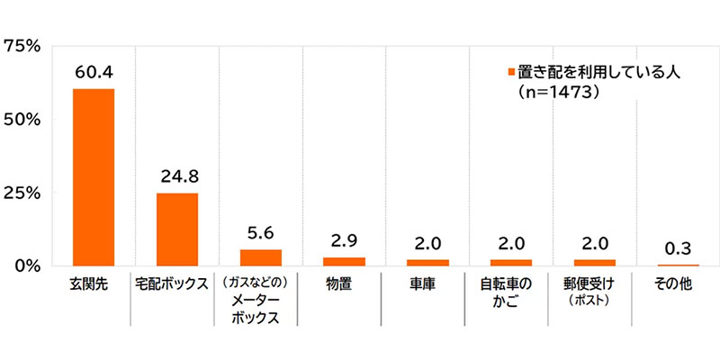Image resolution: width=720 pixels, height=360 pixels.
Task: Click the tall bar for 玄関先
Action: (x=93, y=176)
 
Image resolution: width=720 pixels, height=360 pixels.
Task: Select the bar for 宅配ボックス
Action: (x=177, y=229)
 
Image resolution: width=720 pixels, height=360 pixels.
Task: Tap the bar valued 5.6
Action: (x=261, y=256)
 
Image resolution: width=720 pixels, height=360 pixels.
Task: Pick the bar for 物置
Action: (x=345, y=261)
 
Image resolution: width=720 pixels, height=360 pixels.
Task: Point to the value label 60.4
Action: (x=93, y=70)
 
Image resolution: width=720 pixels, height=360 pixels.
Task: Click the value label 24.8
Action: (x=177, y=175)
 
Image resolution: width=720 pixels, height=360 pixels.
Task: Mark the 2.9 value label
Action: (x=345, y=239)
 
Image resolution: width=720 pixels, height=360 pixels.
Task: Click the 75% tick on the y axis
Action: (x=22, y=45)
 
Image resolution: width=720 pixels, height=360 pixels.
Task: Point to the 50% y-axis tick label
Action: (x=22, y=119)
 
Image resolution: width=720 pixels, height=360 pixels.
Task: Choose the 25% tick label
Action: (x=22, y=193)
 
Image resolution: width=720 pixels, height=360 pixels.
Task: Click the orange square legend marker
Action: (x=509, y=73)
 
